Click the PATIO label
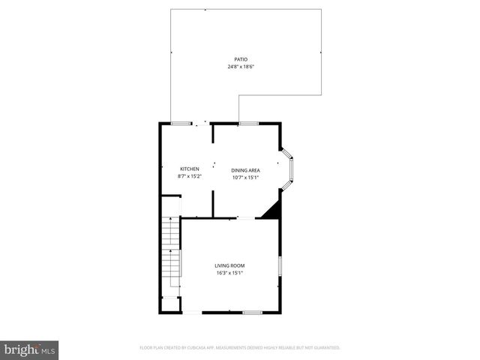(241, 59)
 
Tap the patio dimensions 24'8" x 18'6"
(241, 67)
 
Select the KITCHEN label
(189, 169)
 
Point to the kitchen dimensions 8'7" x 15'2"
(189, 176)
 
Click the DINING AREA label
(246, 170)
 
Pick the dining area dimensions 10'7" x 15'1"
(246, 178)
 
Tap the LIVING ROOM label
(229, 265)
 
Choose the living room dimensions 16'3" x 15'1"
(229, 273)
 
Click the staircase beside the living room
(172, 251)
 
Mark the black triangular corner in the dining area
(272, 210)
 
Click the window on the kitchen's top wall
(180, 123)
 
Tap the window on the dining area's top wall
(248, 123)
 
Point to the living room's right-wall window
(280, 266)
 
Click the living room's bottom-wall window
(252, 312)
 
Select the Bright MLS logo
(30, 349)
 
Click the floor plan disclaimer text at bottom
(240, 347)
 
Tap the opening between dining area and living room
(245, 218)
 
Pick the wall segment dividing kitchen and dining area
(214, 203)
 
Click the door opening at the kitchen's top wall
(201, 124)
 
